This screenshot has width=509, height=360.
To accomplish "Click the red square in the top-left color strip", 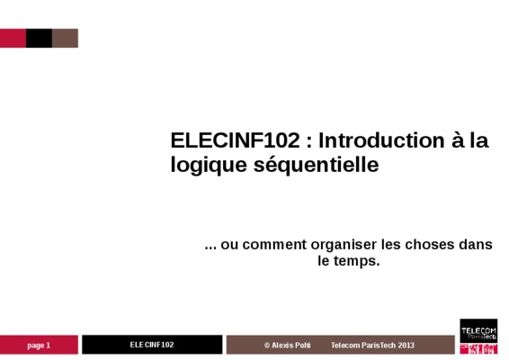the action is pos(13,38).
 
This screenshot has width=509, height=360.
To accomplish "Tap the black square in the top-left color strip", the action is pos(39,38).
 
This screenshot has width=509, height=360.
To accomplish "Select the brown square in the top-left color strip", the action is pos(66,38).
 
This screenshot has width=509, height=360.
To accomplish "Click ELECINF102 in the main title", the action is pos(235,140).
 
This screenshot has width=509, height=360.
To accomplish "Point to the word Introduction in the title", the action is pos(381,140).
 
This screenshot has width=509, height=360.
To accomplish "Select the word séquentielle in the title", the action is pos(317,165).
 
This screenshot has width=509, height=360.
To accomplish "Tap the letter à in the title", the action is pos(458,140).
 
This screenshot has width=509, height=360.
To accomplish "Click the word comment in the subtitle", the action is pos(274,245).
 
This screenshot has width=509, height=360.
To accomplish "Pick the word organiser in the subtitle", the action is pos(344,245).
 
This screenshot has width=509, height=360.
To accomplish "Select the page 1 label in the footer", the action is pos(39,346).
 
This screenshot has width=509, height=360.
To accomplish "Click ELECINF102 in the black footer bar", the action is pos(152,345).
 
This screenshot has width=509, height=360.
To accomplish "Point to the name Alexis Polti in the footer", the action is pos(290,345).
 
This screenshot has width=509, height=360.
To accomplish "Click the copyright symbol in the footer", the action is pos(267,346).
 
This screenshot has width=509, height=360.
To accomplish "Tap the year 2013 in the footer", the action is pos(406,345).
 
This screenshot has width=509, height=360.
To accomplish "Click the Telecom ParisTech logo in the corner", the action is pos(478,337).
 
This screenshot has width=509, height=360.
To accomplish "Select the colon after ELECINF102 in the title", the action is pos(308,142).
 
